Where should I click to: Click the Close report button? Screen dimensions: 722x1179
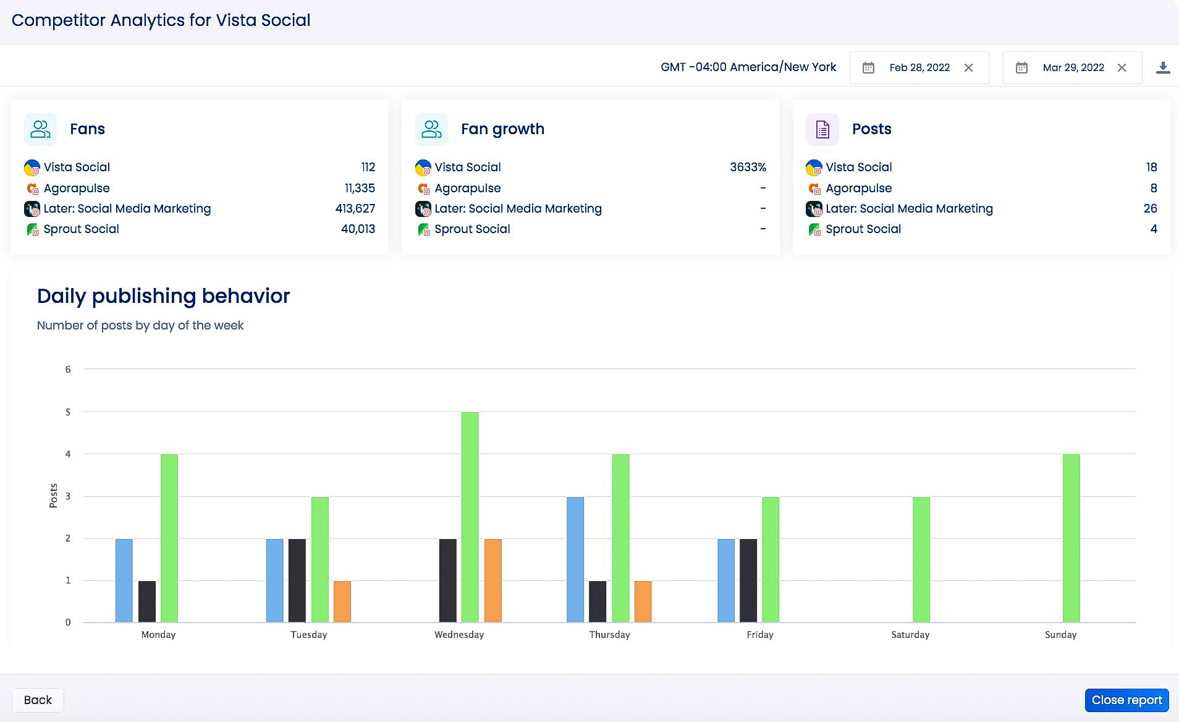[x=1126, y=700]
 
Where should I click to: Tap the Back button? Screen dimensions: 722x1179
[x=38, y=700]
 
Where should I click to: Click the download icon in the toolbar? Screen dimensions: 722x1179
[x=1162, y=67]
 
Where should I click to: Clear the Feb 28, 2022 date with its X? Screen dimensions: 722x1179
[x=968, y=67]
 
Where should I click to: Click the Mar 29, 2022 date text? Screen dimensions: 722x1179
[x=1073, y=67]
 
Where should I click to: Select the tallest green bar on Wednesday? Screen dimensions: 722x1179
[x=470, y=517]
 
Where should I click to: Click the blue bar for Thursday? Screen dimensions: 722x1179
[x=575, y=559]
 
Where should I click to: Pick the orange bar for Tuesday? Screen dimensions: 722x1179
[x=342, y=601]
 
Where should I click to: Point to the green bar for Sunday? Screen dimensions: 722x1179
[x=1071, y=538]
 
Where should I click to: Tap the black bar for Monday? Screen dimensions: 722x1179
[x=146, y=601]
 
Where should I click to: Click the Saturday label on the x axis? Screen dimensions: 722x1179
[x=910, y=634]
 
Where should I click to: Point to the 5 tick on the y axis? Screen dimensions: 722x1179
[x=68, y=412]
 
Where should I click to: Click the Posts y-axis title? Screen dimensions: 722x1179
[x=53, y=496]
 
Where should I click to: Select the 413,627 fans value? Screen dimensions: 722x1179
[x=355, y=208]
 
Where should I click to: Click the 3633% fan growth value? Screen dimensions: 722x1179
[x=748, y=167]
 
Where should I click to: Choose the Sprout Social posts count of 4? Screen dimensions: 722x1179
[x=1153, y=229]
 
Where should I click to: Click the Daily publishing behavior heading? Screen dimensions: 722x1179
[x=163, y=296]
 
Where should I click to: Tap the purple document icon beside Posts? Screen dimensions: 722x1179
[x=822, y=129]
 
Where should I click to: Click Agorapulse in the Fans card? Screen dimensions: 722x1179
[x=77, y=188]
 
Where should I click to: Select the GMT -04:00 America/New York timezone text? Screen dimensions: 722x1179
[x=748, y=67]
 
